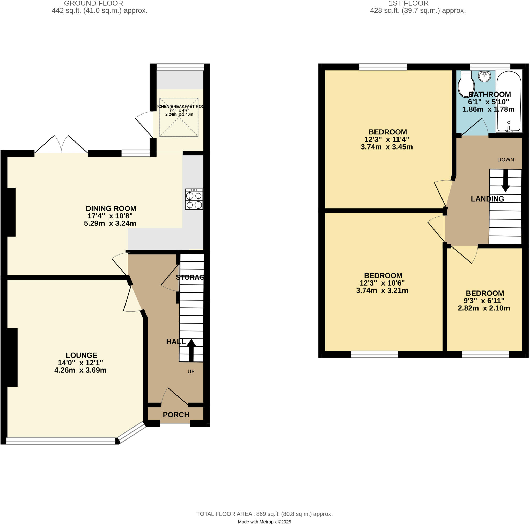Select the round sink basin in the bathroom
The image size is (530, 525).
tap(485, 76)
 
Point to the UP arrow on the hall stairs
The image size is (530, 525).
tap(191, 350)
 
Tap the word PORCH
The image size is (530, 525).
tap(176, 415)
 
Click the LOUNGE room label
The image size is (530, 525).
tap(81, 355)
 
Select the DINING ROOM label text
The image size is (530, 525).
tap(111, 208)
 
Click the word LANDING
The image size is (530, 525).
tap(487, 199)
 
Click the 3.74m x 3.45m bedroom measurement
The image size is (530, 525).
tap(387, 147)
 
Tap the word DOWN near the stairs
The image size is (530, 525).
tap(506, 160)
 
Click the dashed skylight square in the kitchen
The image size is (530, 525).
tap(179, 117)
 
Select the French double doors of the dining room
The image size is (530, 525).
tap(61, 145)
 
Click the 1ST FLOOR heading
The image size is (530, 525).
tap(408, 4)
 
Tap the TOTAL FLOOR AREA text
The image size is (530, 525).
tap(264, 514)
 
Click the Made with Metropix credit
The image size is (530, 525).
tap(264, 522)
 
